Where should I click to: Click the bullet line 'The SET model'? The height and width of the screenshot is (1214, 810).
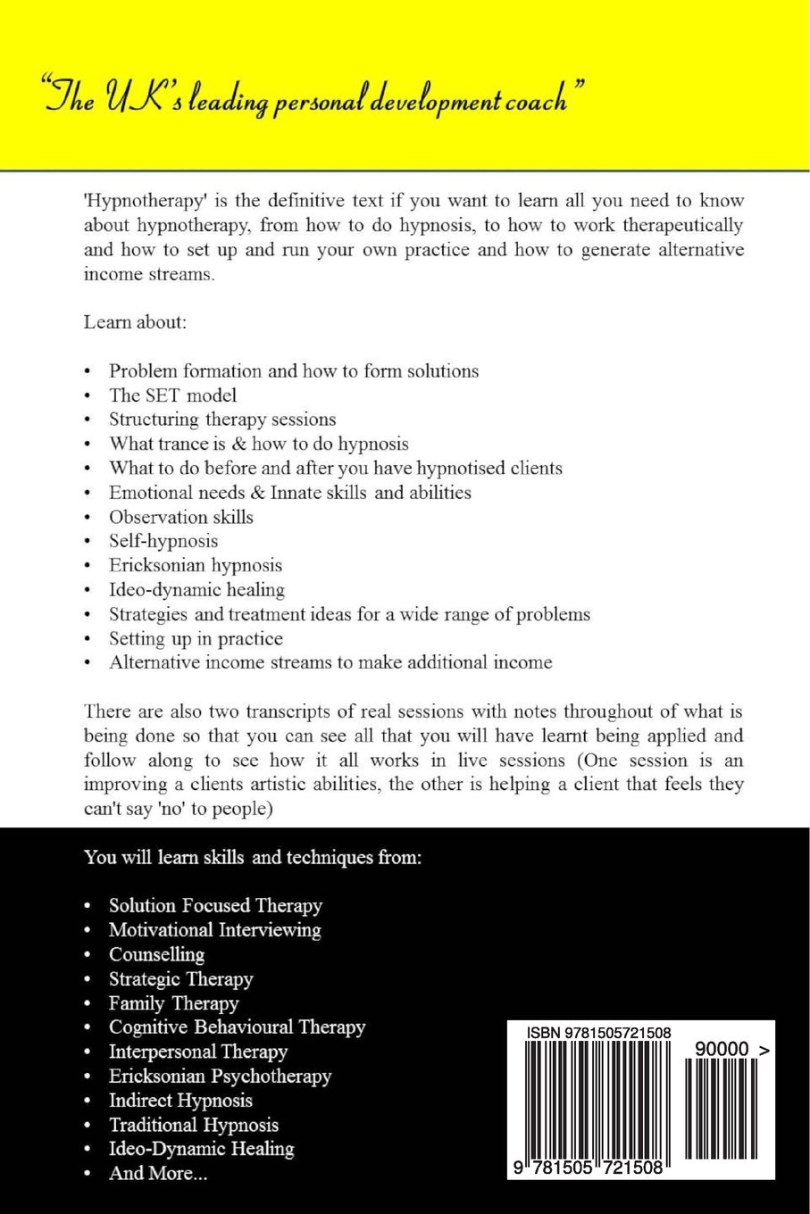(172, 395)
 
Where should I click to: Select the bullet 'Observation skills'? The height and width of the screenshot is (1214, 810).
(180, 517)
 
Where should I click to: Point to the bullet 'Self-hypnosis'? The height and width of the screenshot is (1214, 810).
(163, 541)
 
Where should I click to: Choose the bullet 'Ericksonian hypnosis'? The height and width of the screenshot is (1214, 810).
(196, 565)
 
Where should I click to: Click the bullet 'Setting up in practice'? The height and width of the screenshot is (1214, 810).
(196, 638)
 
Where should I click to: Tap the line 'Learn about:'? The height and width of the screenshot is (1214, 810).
(135, 322)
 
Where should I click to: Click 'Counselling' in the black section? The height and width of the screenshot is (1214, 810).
(156, 954)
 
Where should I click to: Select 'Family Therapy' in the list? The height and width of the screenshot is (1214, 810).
(173, 1003)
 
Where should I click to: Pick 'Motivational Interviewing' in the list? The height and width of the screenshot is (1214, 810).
(214, 930)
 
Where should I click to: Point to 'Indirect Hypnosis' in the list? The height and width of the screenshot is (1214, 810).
(180, 1101)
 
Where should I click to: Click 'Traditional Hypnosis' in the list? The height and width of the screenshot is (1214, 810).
(194, 1125)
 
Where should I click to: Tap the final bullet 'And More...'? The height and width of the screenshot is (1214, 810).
(158, 1173)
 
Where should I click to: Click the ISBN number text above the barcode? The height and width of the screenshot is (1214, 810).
(598, 1033)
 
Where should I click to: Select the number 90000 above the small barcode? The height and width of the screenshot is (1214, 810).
(721, 1050)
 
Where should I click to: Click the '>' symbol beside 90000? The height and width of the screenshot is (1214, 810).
(764, 1050)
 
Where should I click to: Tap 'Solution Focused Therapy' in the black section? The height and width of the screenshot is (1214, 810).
(215, 906)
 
